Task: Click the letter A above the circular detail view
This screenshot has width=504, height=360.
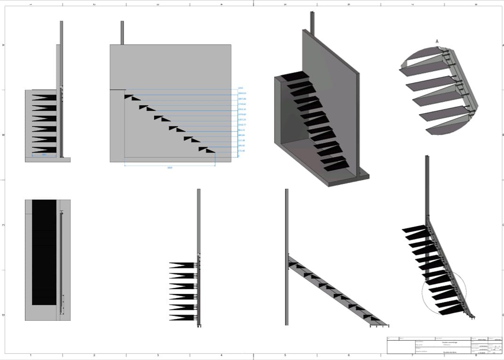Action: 437,42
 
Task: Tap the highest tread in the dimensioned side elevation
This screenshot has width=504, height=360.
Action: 128,97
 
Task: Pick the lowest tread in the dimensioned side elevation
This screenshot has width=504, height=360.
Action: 210,151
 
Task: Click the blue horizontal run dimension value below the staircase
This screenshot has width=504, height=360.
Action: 170,167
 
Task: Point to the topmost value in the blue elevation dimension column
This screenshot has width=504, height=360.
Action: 240,88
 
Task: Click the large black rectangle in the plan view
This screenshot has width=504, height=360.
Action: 44,252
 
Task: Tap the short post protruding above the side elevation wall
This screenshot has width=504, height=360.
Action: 122,33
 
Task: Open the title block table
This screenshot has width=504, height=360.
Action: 443,345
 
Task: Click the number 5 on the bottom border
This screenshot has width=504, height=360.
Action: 285,355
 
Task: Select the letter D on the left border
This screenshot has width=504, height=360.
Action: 3,315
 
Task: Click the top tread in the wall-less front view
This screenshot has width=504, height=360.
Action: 182,265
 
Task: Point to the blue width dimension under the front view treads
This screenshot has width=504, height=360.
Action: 44,154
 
